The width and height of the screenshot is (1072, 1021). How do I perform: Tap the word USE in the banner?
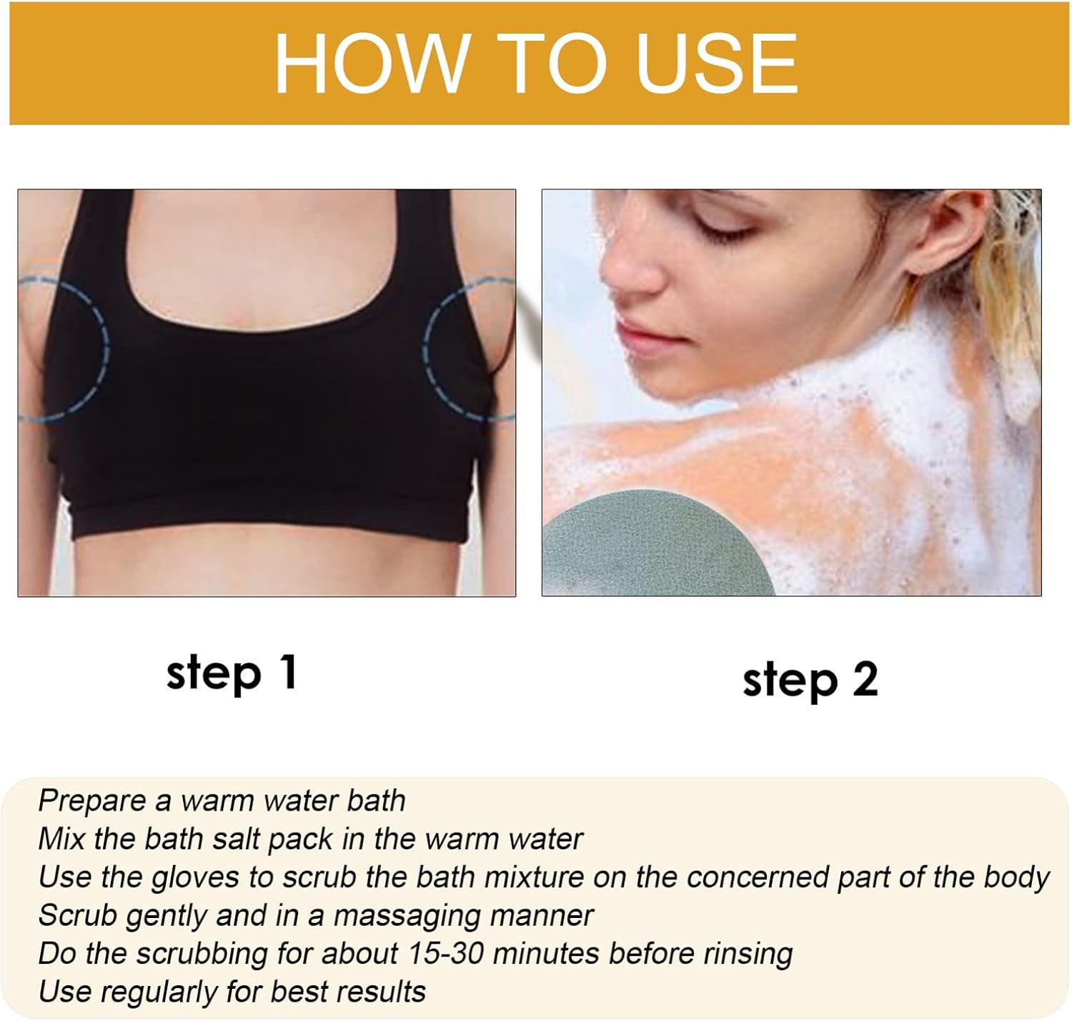coord(716,63)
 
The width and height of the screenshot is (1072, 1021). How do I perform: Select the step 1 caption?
coord(231,673)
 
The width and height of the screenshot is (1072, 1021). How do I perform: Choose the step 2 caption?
coord(810,679)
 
